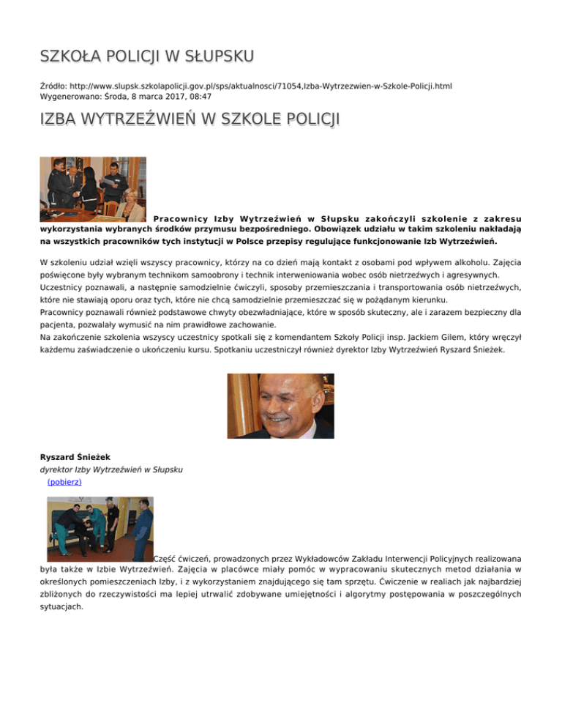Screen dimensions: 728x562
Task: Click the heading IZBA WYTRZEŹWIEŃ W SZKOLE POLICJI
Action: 179,119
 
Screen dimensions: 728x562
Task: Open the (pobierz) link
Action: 64,483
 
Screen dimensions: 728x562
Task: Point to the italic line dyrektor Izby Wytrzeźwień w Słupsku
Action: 111,469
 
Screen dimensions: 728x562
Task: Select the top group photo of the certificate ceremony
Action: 93,189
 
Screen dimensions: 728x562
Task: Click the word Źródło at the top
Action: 53,86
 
